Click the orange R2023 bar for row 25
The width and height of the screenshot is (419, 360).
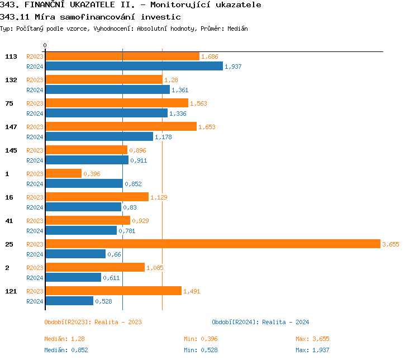coord(212,244)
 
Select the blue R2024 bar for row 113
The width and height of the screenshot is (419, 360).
coord(134,66)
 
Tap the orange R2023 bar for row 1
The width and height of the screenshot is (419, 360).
coord(63,173)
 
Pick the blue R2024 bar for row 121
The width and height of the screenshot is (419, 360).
coord(69,301)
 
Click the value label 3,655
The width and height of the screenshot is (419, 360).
coord(391,244)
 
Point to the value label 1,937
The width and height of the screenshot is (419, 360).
coord(232,67)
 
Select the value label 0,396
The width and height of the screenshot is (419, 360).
coord(92,174)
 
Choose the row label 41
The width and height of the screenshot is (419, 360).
coord(9,221)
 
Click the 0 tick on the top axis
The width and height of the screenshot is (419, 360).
coord(45,45)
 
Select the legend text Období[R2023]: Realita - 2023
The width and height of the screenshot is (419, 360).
coord(93,322)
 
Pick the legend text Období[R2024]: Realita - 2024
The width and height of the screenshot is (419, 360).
coord(260,322)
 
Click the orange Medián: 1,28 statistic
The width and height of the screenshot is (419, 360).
coord(64,339)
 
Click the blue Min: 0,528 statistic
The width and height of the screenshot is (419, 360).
coord(201,350)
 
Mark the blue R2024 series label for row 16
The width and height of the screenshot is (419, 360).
coord(35,207)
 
